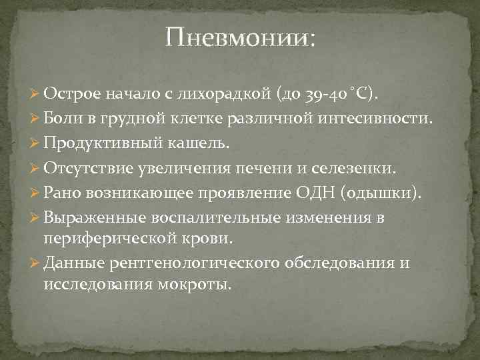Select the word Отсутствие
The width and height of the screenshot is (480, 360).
(x=85, y=168)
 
